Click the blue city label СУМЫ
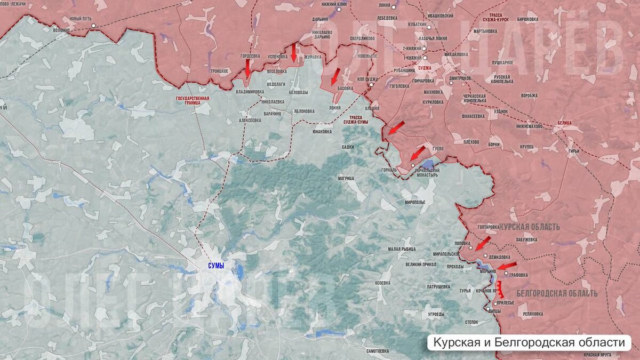(x=216, y=265)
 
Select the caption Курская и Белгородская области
(x=529, y=342)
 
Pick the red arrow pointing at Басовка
(x=334, y=77)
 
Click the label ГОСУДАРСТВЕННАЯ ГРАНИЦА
(x=193, y=101)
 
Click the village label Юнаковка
(x=322, y=131)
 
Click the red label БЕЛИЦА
(x=564, y=123)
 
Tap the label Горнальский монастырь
(x=427, y=172)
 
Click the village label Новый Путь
(x=80, y=19)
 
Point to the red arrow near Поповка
(x=483, y=243)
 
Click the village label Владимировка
(x=250, y=91)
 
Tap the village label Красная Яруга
(x=597, y=354)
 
